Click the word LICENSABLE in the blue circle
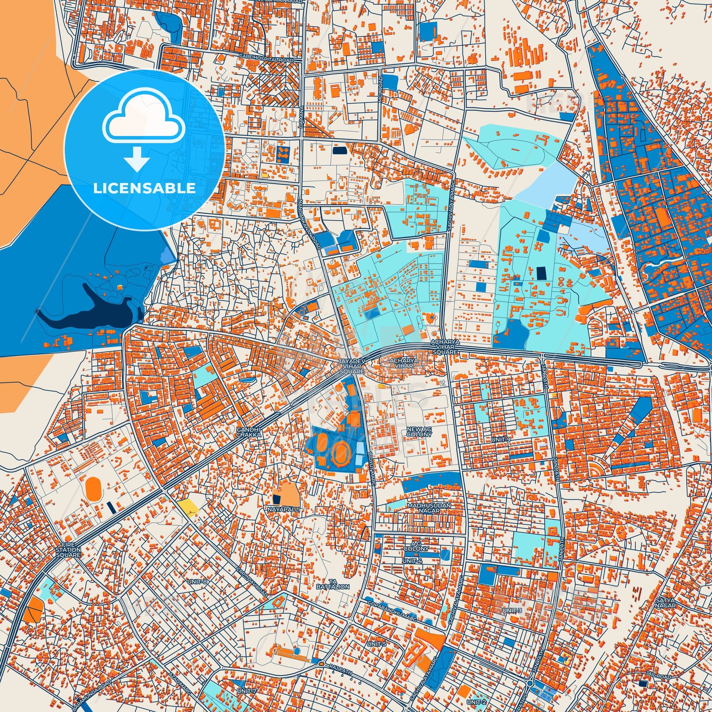click(144, 188)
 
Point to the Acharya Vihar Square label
click(445, 348)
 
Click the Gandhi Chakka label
click(249, 432)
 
